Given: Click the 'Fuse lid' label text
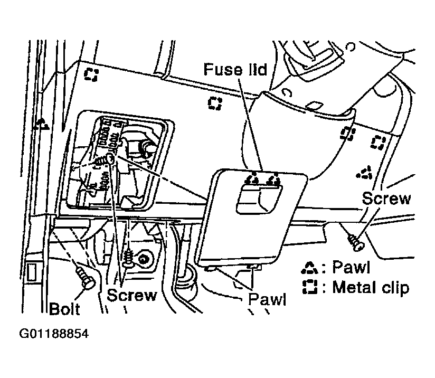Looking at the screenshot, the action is [235, 69].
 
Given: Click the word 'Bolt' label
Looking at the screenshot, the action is [64, 309].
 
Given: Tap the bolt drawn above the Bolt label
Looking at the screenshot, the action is [86, 278].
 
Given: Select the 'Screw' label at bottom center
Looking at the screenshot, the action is [132, 295].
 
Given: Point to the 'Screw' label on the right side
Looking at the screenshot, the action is [386, 198].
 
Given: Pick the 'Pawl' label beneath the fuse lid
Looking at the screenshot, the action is [267, 299].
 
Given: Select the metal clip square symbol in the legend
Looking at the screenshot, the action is [310, 287].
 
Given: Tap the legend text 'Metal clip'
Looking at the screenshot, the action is [371, 287].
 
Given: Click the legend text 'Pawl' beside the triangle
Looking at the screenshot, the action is [351, 267].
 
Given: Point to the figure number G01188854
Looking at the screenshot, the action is [54, 334].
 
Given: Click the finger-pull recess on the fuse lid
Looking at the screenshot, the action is [259, 199].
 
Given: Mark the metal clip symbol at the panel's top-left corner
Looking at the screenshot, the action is [91, 74].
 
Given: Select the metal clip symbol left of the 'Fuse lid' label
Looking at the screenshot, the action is [215, 103].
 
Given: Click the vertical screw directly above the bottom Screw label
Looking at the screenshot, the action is [128, 258].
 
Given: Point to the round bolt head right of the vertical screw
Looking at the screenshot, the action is [144, 260].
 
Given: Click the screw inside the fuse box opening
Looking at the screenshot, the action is [105, 160].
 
